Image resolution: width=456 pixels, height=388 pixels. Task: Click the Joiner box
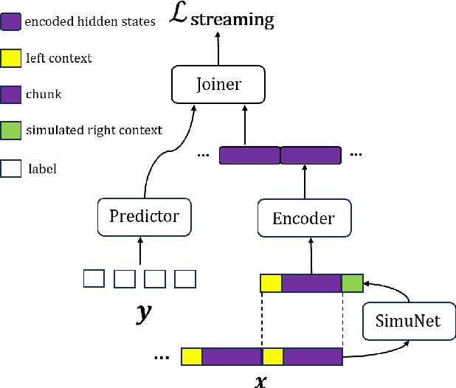pos(218,85)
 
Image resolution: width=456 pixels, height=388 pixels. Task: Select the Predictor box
pos(144,216)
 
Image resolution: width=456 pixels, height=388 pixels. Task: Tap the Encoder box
pos(303,218)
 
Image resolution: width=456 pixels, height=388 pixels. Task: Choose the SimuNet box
pos(409,322)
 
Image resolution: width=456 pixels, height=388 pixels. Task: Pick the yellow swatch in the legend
pos(10,57)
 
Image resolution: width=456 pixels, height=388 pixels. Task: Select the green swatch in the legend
pos(10,131)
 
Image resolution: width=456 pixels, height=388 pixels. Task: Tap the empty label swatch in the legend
pos(10,168)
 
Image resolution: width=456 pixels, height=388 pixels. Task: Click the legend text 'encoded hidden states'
pos(90,21)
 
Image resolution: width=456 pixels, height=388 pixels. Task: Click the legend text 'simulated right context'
pos(94,131)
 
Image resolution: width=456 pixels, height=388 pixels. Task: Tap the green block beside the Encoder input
pos(352,283)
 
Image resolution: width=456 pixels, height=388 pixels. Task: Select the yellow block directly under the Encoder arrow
pos(271,283)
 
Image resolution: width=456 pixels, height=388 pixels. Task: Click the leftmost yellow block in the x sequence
pos(192,357)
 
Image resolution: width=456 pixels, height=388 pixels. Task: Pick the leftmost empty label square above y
pos(94,279)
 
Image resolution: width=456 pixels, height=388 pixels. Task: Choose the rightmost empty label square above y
pos(184,279)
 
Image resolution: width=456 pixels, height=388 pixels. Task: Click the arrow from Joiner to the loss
pos(218,49)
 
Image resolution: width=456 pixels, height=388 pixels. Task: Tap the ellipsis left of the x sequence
pos(162,358)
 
